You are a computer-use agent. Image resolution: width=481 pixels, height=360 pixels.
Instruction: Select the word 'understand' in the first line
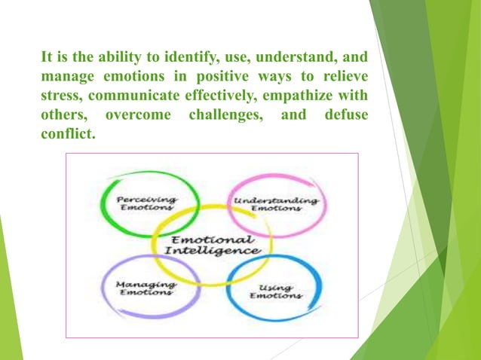[x=290, y=56]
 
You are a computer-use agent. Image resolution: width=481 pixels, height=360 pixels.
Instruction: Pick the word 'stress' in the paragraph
[x=59, y=97]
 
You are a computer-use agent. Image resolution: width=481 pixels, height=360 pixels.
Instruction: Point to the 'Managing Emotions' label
[x=146, y=288]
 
